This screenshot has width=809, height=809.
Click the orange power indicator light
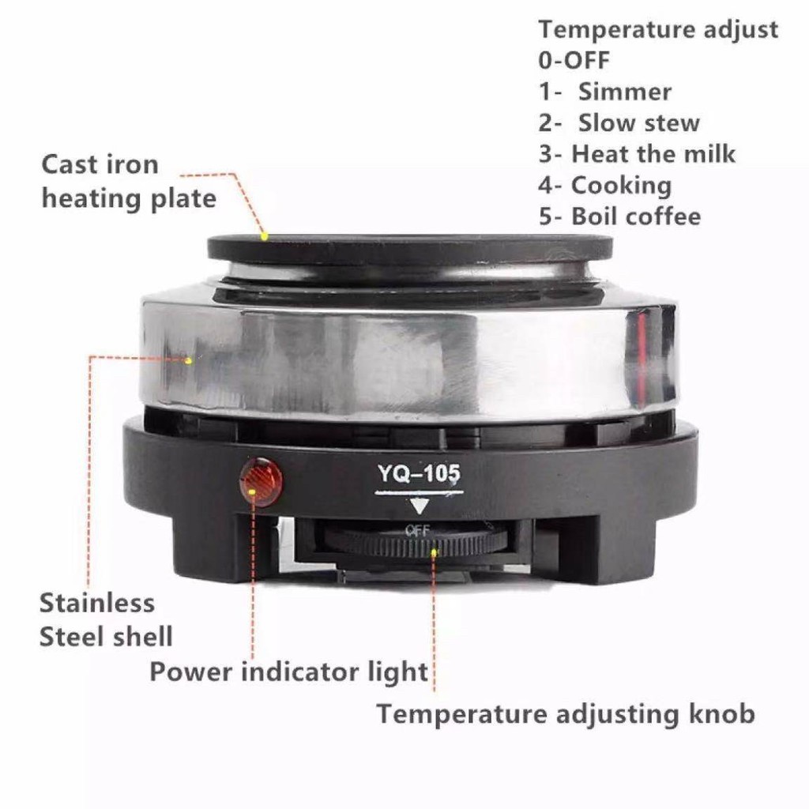[262, 481]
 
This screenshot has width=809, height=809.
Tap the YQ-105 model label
[419, 473]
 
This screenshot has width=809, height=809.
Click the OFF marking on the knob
[417, 530]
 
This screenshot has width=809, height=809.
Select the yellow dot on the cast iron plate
[264, 237]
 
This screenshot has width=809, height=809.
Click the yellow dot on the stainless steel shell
[188, 360]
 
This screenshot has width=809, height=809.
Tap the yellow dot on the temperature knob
[434, 552]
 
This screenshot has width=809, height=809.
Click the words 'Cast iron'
[100, 165]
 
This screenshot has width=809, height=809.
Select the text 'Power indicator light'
[288, 672]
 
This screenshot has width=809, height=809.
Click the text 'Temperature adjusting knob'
[566, 714]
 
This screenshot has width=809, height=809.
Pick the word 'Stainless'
[97, 603]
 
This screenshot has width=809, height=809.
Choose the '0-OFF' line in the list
[574, 60]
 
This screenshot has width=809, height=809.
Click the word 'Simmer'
[625, 92]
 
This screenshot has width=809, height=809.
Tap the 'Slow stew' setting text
[638, 122]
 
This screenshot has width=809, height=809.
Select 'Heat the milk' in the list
[653, 154]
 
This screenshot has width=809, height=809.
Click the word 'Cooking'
[621, 186]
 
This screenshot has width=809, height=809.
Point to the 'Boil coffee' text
[636, 216]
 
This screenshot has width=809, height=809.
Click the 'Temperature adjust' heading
[658, 30]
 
